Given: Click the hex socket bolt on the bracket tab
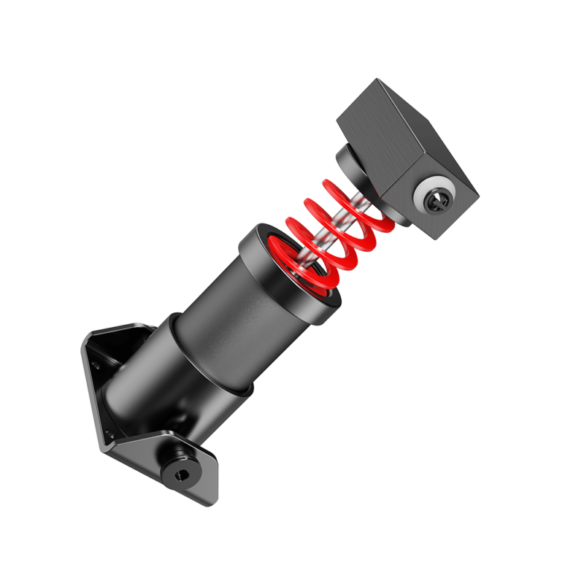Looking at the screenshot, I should (x=180, y=474).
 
